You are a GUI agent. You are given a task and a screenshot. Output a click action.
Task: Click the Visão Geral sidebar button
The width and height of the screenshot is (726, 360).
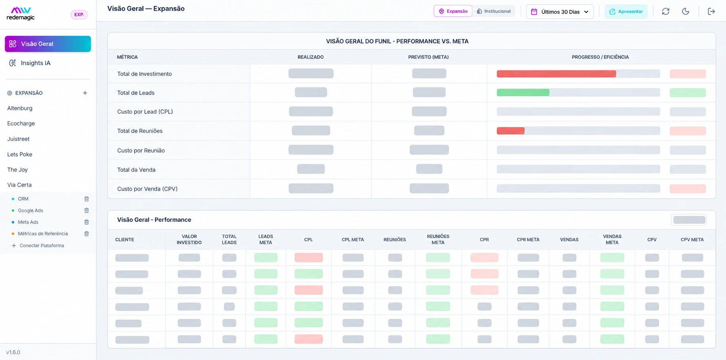[x=48, y=44]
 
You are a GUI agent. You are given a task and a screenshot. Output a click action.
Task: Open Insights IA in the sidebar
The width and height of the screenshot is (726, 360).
[x=35, y=63]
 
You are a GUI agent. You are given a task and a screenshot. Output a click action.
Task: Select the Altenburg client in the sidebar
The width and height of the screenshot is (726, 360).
[x=20, y=108]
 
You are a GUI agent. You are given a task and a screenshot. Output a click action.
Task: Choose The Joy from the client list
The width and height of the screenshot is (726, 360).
[x=18, y=170]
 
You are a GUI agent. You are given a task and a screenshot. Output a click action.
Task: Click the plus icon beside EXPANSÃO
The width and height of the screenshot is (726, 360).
[x=85, y=93]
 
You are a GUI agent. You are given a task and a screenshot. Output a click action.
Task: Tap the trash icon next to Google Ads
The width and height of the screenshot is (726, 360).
[x=86, y=210]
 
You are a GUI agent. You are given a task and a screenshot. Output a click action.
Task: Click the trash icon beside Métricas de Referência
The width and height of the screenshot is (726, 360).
[x=86, y=234]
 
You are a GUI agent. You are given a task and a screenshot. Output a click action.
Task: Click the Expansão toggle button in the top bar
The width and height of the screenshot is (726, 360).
[x=453, y=11]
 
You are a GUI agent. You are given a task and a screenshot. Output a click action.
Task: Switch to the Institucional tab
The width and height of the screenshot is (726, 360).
[x=494, y=11]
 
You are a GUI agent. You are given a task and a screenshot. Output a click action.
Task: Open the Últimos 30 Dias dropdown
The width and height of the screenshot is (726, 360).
[x=560, y=12]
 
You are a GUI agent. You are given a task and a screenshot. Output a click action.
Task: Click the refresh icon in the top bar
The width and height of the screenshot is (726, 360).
[x=666, y=11]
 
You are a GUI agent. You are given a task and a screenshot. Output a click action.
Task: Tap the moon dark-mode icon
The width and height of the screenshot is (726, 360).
[x=686, y=11]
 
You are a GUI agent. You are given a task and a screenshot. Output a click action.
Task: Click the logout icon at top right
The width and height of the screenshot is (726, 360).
[x=711, y=11]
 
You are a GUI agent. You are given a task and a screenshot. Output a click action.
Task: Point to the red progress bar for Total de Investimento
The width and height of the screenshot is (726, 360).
[x=556, y=74]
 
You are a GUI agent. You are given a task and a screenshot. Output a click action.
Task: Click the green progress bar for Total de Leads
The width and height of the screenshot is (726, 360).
[x=523, y=93]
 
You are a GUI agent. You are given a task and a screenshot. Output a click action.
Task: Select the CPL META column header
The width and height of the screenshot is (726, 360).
[x=353, y=240]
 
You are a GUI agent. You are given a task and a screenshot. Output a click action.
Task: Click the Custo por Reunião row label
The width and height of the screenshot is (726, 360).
[x=141, y=150]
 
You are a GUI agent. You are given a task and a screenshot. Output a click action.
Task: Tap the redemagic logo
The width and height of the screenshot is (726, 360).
[x=21, y=13]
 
